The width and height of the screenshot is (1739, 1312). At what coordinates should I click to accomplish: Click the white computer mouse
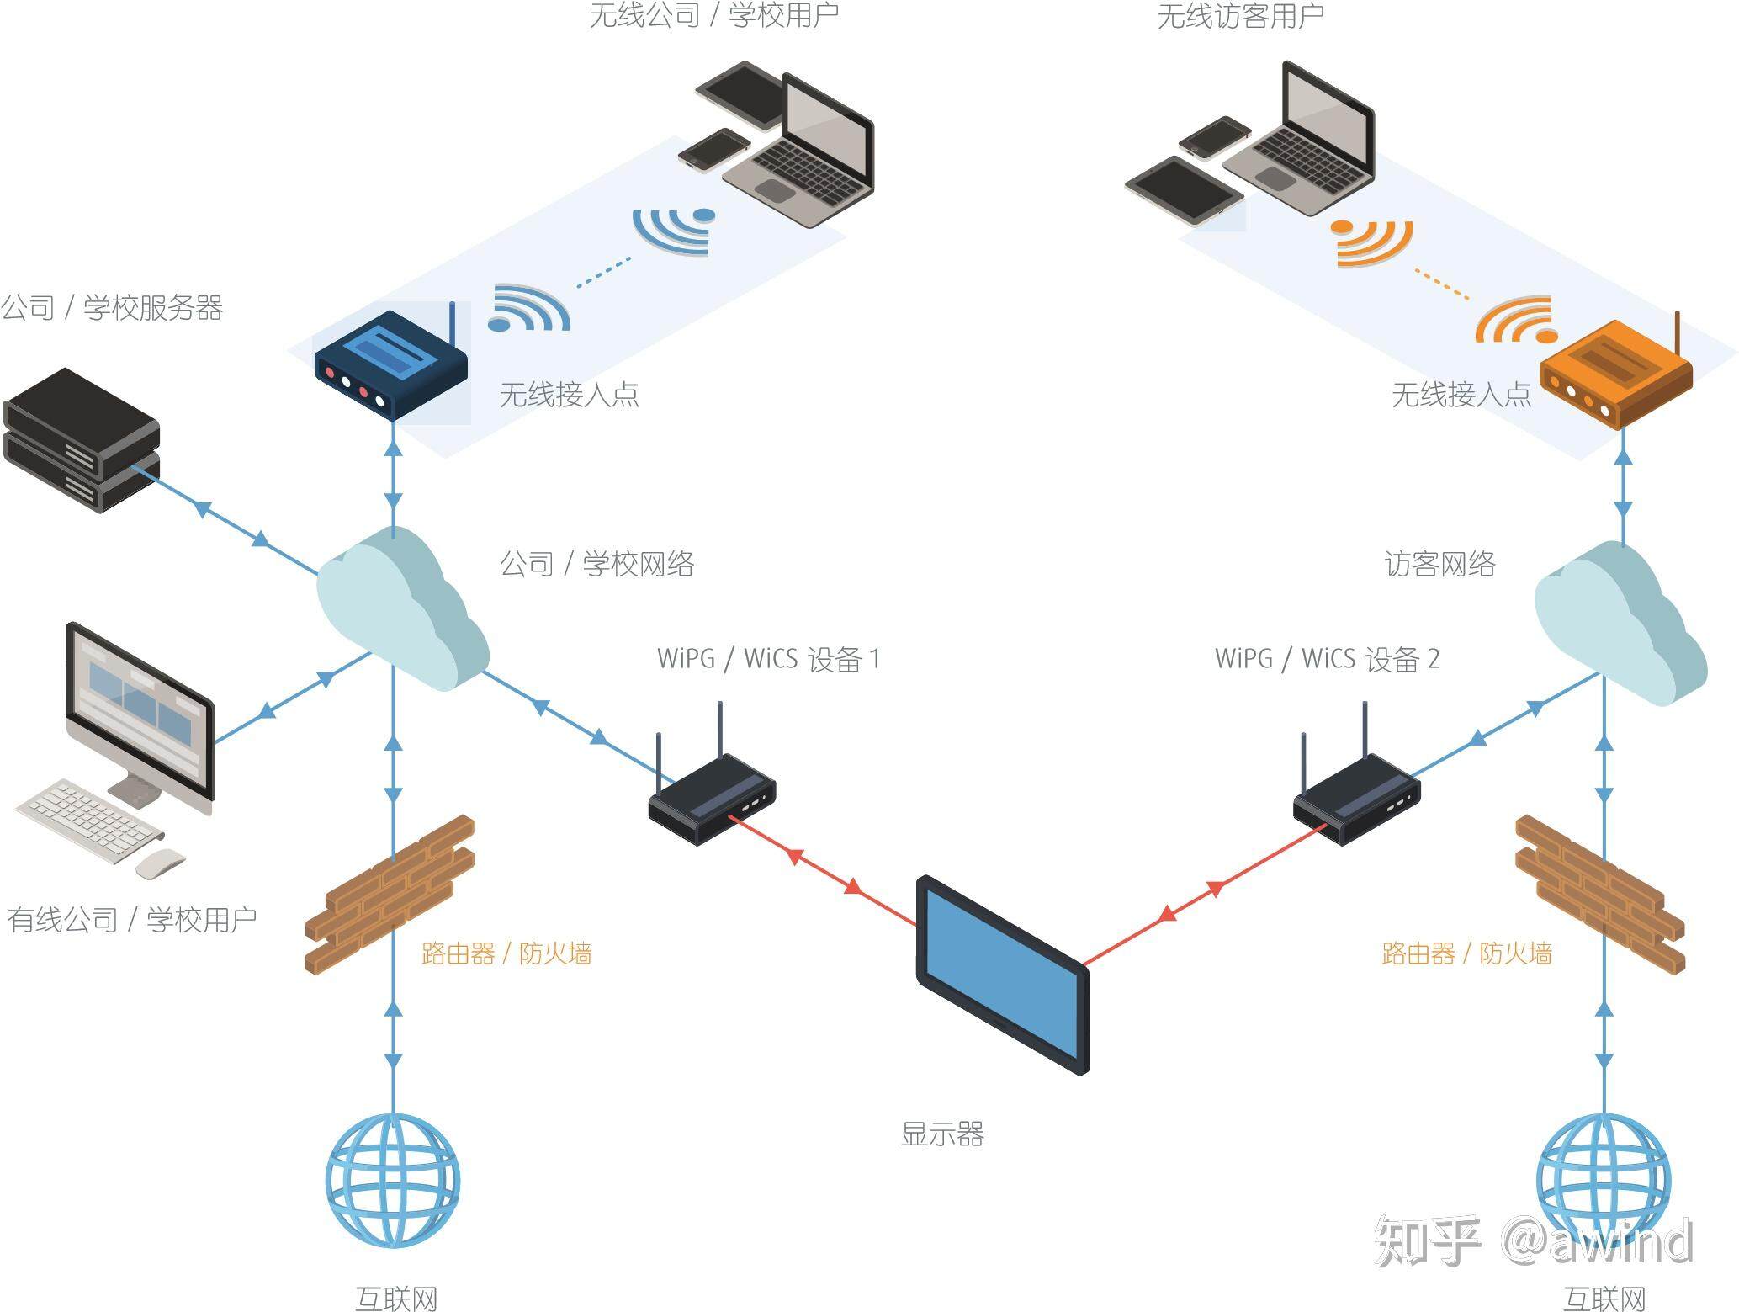point(160,863)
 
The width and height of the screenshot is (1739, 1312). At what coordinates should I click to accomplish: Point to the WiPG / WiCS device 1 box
point(712,799)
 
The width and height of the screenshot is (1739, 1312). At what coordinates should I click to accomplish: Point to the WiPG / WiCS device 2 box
point(1356,799)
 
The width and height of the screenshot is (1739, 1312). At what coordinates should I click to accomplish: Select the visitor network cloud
point(1615,623)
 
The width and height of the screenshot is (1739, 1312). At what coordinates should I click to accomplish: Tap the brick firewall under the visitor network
point(1599,894)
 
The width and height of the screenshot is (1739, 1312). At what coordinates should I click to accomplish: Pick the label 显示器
point(942,1134)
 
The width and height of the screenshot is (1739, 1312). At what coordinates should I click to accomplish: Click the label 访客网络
point(1439,564)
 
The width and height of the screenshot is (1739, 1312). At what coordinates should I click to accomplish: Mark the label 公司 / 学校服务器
point(112,307)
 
